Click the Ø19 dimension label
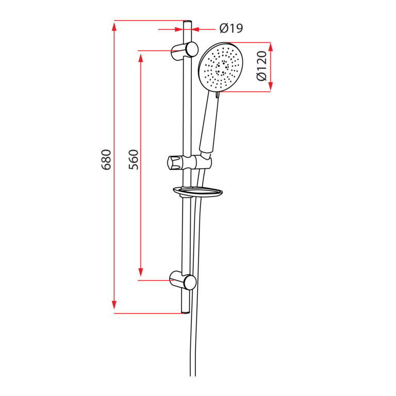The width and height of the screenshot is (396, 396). tap(230, 28)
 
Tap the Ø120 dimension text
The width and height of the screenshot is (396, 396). tap(261, 66)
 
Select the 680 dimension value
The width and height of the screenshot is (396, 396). tap(106, 159)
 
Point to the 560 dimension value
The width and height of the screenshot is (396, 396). tap(134, 159)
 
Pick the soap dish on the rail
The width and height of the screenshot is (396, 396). tap(197, 192)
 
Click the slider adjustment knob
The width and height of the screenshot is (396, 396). tap(174, 162)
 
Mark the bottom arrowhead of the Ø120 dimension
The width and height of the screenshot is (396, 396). tap(271, 87)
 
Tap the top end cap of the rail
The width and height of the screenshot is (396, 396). tap(187, 22)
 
